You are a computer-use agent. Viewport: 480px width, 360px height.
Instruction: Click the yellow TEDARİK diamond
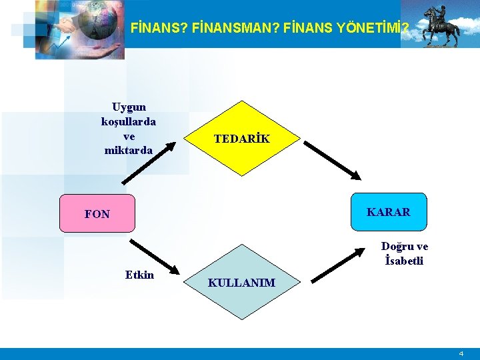pos(242,139)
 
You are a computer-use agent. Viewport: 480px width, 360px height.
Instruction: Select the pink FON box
pos(97,213)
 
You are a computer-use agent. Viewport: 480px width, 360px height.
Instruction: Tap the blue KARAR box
pos(388,213)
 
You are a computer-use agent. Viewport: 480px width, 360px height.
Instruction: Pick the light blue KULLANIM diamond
pos(241,283)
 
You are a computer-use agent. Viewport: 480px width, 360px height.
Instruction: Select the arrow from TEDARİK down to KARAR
pos(331,159)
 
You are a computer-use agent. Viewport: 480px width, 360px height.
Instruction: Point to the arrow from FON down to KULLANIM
pos(155,257)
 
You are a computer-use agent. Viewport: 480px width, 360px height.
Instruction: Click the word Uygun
pos(129,107)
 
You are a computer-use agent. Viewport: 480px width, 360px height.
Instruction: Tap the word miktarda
pos(129,151)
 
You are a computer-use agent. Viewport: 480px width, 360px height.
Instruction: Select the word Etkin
pos(139,275)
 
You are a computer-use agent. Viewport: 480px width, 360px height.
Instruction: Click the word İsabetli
pos(404,261)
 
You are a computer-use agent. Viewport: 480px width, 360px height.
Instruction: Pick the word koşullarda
pos(129,121)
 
